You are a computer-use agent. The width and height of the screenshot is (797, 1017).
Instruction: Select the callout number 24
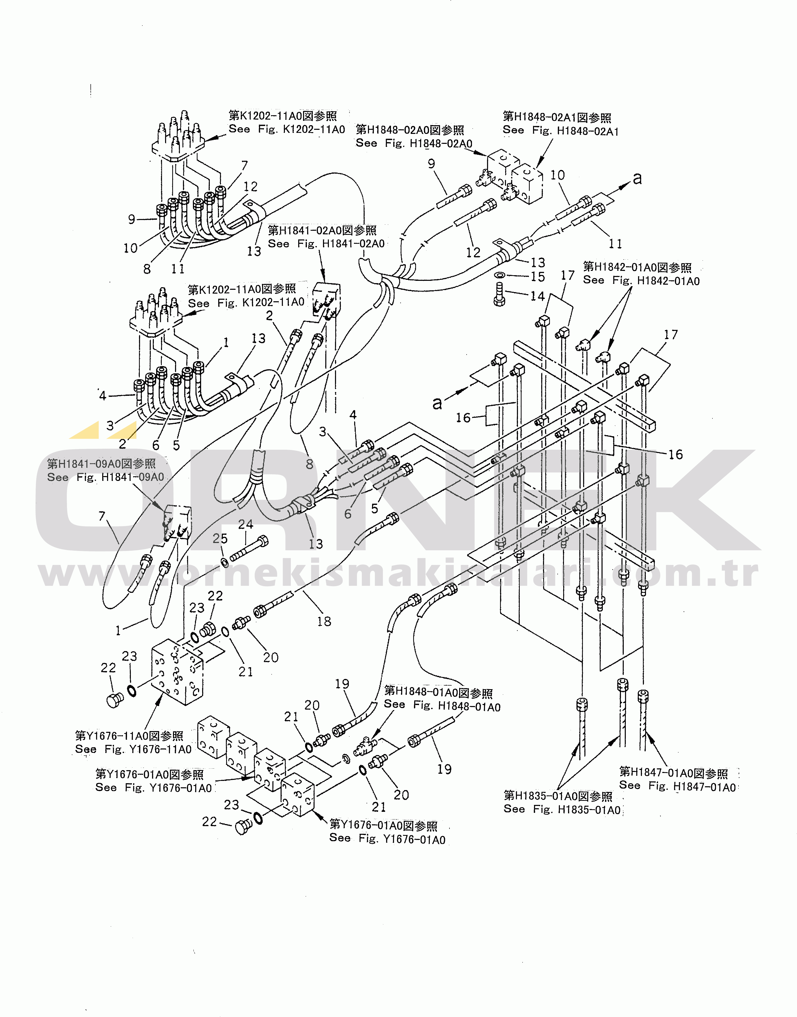(246, 524)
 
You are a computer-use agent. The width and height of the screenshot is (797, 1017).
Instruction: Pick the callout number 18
(324, 621)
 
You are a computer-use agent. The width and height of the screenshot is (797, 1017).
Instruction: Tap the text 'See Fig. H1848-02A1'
(560, 131)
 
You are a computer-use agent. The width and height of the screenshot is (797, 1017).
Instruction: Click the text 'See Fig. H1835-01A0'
(562, 810)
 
